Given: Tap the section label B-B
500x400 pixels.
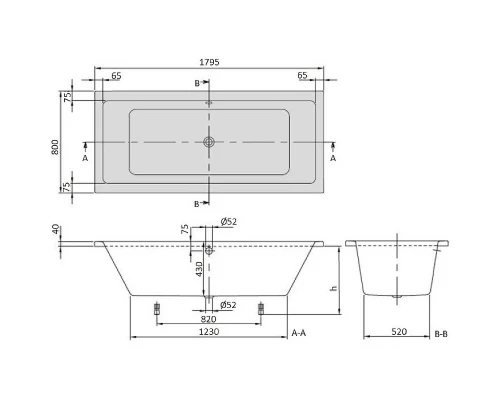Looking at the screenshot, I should point(443,330).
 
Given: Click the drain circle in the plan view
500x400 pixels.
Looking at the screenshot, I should point(209,142).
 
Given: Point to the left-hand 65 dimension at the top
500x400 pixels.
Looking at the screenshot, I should point(117,75).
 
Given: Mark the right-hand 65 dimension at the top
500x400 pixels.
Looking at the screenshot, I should point(301,75).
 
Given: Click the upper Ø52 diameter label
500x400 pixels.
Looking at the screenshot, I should point(227,221).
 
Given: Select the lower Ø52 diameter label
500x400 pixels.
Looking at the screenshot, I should point(227,304).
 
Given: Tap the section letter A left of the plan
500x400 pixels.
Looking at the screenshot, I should point(85,158).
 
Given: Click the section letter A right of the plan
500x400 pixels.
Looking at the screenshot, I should point(333,158).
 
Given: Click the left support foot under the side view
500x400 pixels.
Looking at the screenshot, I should point(156,308).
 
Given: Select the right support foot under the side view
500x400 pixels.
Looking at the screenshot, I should point(261,308).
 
